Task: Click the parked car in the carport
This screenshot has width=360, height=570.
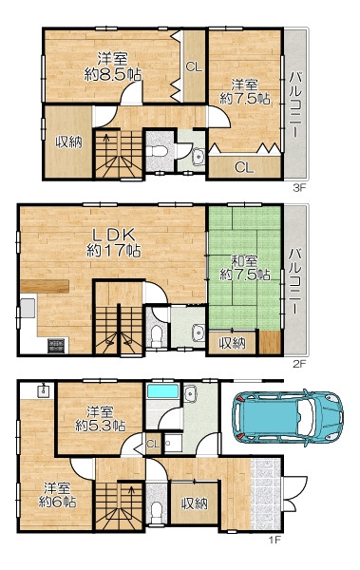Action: [x=288, y=416]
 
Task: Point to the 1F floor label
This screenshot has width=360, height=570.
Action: [x=275, y=540]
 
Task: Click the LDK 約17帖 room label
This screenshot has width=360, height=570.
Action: [x=113, y=242]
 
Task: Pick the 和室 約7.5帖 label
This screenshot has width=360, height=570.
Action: [x=245, y=268]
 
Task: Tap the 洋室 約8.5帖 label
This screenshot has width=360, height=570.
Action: [x=113, y=66]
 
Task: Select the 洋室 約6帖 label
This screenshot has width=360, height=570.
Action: [x=57, y=494]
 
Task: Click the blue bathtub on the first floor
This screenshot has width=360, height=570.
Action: [x=162, y=391]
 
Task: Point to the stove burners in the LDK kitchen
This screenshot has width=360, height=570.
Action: [x=57, y=346]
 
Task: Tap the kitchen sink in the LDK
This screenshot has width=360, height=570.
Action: [x=28, y=308]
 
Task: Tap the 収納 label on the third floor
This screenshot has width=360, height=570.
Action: [x=68, y=142]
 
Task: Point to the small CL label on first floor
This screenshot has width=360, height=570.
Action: [x=153, y=444]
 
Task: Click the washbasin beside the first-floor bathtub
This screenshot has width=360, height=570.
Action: [x=190, y=394]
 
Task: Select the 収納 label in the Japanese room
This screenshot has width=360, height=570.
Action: [x=232, y=343]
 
